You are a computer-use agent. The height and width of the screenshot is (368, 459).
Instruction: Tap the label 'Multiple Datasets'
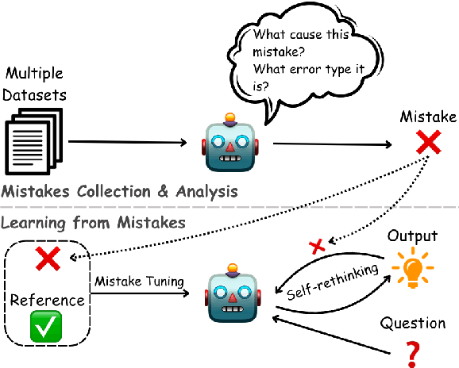coord(35,82)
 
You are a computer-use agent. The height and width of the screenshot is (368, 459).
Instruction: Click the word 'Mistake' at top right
coord(429,117)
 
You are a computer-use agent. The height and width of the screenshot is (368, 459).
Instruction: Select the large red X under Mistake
coord(429,144)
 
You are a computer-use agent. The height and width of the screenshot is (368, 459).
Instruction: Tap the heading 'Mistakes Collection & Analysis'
coord(119,190)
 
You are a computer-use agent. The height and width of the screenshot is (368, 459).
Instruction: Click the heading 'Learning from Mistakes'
coord(93,223)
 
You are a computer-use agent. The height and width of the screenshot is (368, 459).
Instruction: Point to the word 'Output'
coord(411,236)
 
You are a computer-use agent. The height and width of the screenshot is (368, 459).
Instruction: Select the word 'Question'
coord(411,323)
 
